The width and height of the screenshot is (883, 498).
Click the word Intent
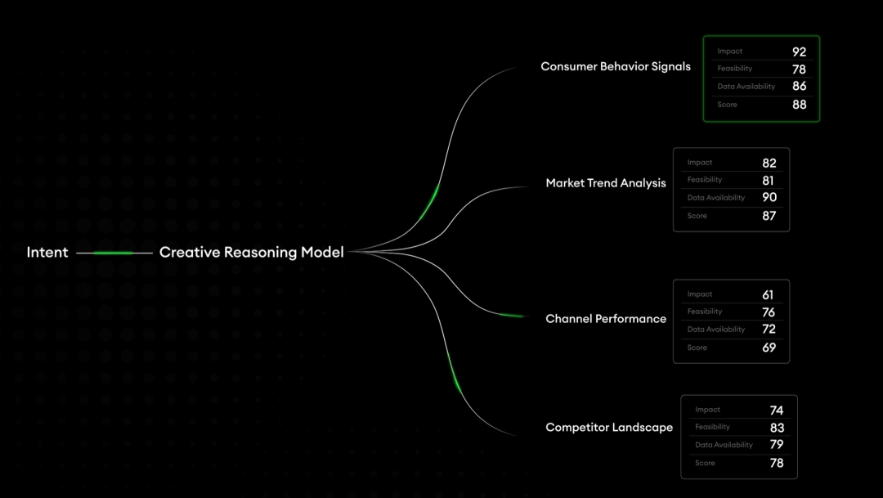[47, 253]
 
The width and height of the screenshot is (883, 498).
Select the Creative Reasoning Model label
[251, 253]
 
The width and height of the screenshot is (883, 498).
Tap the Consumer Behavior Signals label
[616, 66]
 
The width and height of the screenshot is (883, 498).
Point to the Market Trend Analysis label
[606, 183]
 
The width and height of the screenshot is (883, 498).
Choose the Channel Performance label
[606, 319]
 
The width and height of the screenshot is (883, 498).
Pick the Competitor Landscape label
[609, 428]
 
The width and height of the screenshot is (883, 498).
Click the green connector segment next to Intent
[113, 253]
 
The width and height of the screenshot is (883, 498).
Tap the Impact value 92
[799, 52]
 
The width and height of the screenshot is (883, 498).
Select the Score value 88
[799, 105]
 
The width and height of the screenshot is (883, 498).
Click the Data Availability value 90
[769, 198]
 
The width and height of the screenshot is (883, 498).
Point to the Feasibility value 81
[769, 181]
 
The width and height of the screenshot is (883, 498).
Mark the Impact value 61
[767, 295]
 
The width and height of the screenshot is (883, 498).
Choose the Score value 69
[768, 348]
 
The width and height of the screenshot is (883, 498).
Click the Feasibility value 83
[777, 428]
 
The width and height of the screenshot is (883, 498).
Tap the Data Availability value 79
[776, 445]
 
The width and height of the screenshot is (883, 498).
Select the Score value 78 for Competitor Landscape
[776, 463]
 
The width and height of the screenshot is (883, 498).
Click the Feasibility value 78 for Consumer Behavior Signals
[799, 70]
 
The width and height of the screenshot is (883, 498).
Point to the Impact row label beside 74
[707, 410]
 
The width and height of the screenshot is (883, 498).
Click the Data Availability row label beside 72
[716, 330]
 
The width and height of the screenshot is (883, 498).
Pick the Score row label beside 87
[697, 216]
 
